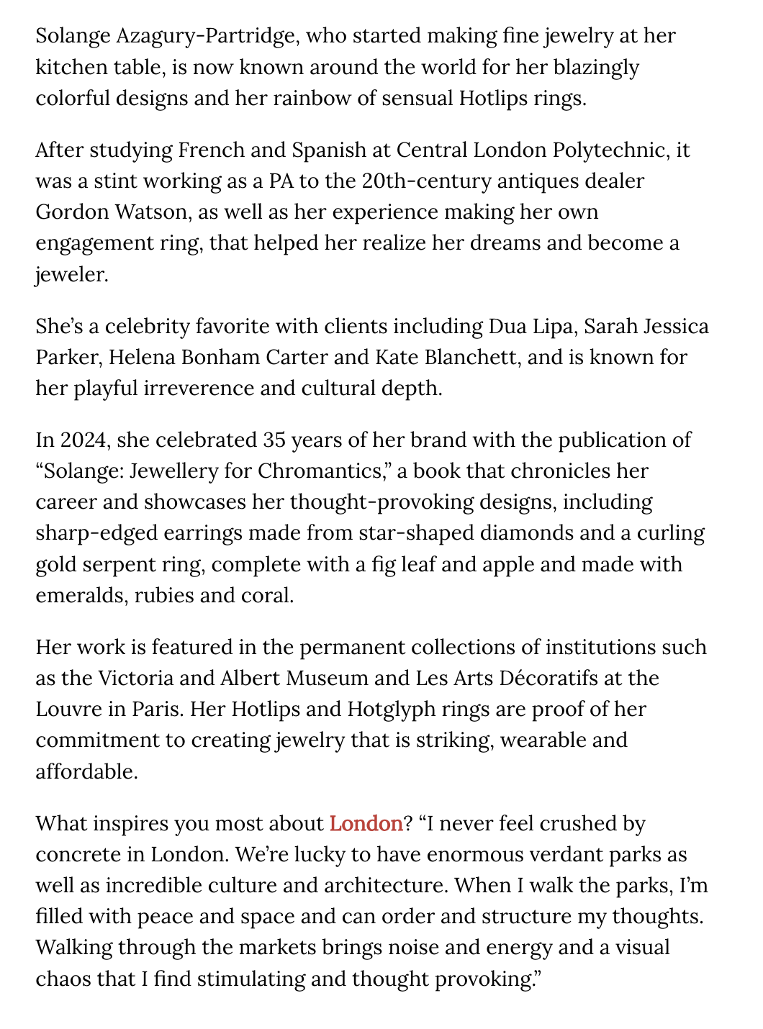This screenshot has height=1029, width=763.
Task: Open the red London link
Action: (x=366, y=823)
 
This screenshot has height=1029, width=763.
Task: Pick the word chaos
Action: (x=63, y=979)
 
